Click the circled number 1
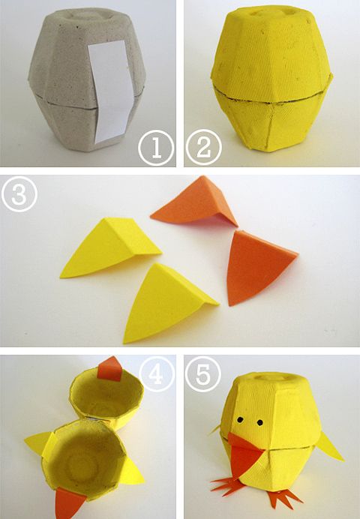pyautogui.click(x=156, y=148)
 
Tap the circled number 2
pyautogui.click(x=204, y=148)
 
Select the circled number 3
pyautogui.click(x=19, y=194)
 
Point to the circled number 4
pyautogui.click(x=157, y=373)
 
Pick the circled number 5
pyautogui.click(x=203, y=374)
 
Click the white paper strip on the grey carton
pyautogui.click(x=111, y=91)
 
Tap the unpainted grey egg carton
pyautogui.click(x=87, y=79)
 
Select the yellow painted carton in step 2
pyautogui.click(x=271, y=79)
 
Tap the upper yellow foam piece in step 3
pyautogui.click(x=110, y=247)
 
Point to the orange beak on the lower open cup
pyautogui.click(x=68, y=502)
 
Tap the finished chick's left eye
pyautogui.click(x=240, y=420)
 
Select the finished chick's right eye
pyautogui.click(x=260, y=422)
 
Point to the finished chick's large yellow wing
pyautogui.click(x=330, y=447)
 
